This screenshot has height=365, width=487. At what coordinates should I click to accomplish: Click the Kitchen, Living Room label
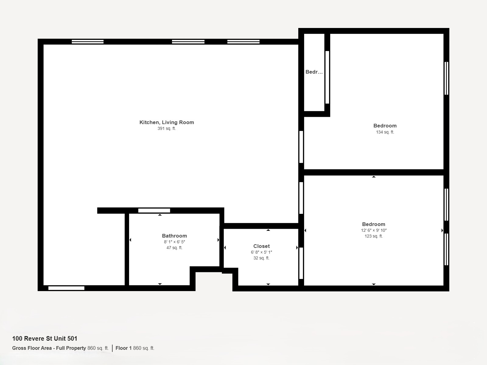166,122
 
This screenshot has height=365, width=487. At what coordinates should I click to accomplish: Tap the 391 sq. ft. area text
166,129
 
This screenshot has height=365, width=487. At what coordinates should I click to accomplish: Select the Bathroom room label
174,236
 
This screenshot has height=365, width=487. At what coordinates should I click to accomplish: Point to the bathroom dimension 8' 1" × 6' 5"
174,242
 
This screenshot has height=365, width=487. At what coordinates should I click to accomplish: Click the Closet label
261,246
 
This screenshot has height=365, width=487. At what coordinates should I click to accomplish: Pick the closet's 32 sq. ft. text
261,258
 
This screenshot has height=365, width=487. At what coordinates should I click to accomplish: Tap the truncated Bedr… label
314,72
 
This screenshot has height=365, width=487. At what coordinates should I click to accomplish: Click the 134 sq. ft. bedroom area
385,132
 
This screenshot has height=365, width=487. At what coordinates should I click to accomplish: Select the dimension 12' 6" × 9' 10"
374,230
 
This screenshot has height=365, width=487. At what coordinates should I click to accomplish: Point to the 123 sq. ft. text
374,236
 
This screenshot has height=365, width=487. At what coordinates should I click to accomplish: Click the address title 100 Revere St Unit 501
45,339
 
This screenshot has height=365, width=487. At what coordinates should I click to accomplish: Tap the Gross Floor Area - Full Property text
49,348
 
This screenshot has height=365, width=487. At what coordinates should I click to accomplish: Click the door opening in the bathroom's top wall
154,210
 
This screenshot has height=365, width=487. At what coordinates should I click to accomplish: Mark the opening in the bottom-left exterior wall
66,288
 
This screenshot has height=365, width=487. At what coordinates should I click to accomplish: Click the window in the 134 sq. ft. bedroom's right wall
447,78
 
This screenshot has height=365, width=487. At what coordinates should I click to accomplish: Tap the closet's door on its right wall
301,263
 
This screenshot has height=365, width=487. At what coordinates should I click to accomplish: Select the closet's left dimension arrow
225,248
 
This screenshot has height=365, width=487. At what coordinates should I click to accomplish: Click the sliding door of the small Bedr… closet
327,77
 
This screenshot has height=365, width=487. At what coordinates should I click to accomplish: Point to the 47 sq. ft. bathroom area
174,248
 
